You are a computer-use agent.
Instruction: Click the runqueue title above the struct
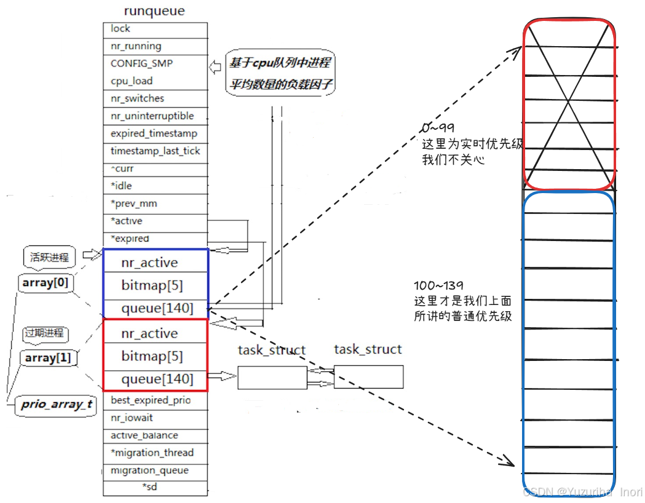click(x=154, y=10)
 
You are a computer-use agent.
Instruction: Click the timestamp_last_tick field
click(x=155, y=151)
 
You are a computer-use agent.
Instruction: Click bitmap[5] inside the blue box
click(x=152, y=286)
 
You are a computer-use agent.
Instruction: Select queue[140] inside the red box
click(x=157, y=379)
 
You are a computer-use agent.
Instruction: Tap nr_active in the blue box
click(x=149, y=263)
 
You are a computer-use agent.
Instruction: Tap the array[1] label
click(x=48, y=358)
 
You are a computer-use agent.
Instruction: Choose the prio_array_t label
click(x=56, y=405)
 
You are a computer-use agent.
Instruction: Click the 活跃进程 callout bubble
click(x=50, y=257)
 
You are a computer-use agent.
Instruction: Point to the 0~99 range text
click(x=438, y=128)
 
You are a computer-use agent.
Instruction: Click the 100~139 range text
click(x=439, y=287)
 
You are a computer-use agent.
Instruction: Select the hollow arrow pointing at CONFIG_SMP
click(x=215, y=66)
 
